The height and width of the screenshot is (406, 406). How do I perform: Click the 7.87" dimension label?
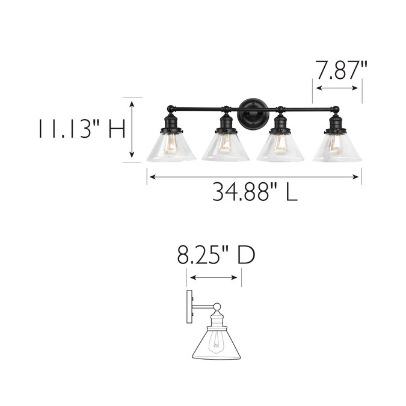pyautogui.click(x=342, y=70)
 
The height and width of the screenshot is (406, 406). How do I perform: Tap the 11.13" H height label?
pyautogui.click(x=82, y=129)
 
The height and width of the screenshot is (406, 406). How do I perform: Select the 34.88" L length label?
pyautogui.click(x=255, y=192)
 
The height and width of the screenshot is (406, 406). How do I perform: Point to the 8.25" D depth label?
pyautogui.click(x=216, y=255)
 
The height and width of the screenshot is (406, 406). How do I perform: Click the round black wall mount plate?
pyautogui.click(x=253, y=113)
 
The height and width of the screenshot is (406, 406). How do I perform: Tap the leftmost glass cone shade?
pyautogui.click(x=171, y=147)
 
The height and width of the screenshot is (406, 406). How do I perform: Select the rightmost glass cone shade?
pyautogui.click(x=337, y=148)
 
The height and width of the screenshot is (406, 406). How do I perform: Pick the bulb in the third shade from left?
pyautogui.click(x=280, y=145)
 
